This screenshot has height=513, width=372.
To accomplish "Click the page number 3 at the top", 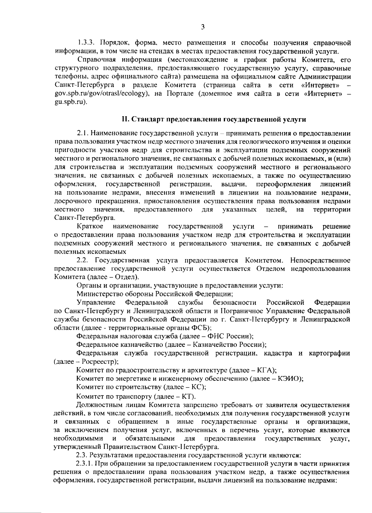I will tap(202, 27).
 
